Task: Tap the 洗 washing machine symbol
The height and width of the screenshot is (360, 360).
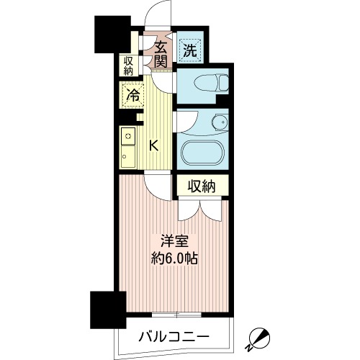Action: click(x=189, y=50)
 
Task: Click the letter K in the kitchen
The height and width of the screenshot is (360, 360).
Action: click(x=153, y=145)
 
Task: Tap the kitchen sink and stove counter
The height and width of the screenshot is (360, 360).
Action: click(x=127, y=147)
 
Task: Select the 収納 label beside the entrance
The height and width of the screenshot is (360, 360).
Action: click(x=128, y=66)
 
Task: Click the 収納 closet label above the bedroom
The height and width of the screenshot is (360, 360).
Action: click(x=202, y=186)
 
